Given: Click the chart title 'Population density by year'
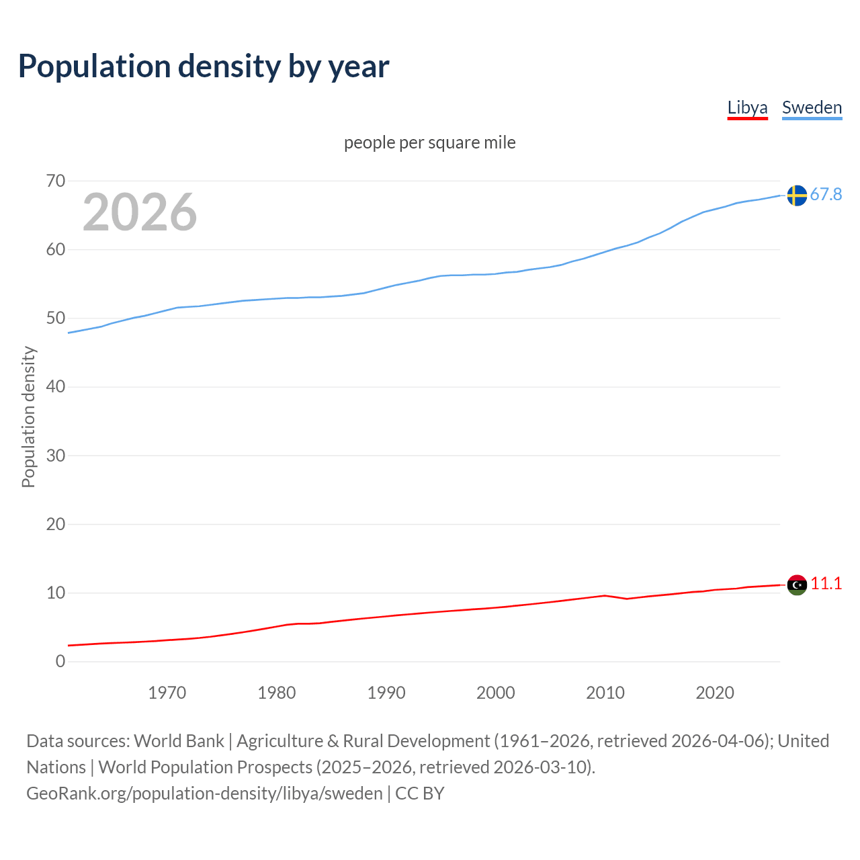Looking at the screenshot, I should (x=204, y=67).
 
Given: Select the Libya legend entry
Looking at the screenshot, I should (x=747, y=107).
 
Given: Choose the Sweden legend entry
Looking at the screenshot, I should (x=812, y=107).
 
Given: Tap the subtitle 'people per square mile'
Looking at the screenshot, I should (x=429, y=142).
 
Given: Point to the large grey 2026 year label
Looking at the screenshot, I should (x=140, y=212).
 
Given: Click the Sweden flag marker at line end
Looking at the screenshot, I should (x=797, y=195).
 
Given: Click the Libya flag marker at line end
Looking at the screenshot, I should (x=797, y=585).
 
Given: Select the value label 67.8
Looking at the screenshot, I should (x=826, y=194).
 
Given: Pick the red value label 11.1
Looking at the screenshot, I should (x=826, y=583).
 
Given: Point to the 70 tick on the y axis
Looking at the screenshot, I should (x=56, y=181).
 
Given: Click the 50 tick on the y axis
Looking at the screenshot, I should (x=56, y=318).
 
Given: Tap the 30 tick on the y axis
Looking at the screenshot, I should (x=56, y=456).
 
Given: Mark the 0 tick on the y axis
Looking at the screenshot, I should (x=60, y=661).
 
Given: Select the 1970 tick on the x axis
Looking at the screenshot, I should (x=167, y=693).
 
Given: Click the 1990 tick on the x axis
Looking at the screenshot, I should (x=386, y=693).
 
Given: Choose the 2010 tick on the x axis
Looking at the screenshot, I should (x=605, y=693).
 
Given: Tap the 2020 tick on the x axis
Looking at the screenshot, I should (x=715, y=693).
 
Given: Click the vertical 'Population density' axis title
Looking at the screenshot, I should (x=28, y=417).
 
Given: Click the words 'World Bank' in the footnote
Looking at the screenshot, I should (x=179, y=741).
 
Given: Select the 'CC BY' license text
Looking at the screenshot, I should (x=420, y=793).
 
